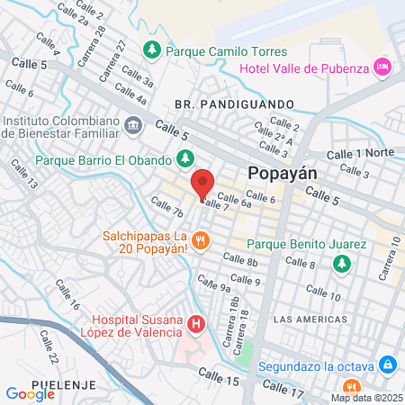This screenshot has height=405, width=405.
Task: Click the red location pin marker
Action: point(202,184)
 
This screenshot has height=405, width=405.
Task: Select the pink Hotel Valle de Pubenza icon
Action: point(383,66)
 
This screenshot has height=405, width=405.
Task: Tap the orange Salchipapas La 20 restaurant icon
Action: point(202,241)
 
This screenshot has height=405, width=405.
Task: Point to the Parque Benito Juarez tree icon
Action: point(341,264)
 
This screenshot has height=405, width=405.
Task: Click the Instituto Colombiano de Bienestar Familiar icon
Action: point(133,124)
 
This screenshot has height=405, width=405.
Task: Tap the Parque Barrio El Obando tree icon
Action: point(184,158)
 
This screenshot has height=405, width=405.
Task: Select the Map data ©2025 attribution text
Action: point(365,398)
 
